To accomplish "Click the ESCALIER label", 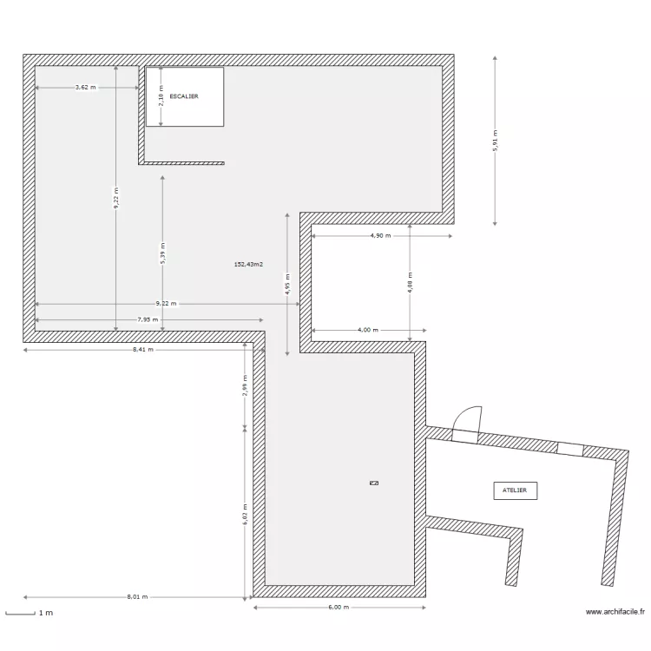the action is point(184,96).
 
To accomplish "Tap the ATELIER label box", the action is point(516,490).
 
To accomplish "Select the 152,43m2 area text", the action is point(249,264).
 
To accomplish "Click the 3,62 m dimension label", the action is point(86,87).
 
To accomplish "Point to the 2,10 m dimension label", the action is point(161,95).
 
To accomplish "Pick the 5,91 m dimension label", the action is point(495,141).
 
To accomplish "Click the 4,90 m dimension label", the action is point(381,235).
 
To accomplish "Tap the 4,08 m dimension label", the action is point(411,283).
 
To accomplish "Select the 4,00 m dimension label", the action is point(368,330).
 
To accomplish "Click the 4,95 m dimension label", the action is point(287,285).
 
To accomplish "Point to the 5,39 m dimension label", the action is point(163,253).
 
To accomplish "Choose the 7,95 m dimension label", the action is point(148,319).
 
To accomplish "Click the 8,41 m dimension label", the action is point(143,350).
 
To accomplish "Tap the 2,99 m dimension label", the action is point(245,385).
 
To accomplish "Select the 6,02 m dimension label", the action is point(245,515).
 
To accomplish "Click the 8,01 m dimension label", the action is point(137,597).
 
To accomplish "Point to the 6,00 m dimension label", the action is point(339,607).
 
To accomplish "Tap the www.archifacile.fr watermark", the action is point(615,612).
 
